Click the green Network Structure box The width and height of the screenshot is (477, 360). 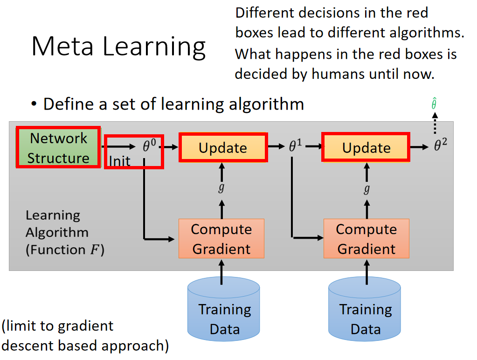click(58, 147)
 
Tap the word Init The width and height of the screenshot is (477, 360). click(120, 161)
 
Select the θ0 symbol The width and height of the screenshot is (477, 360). click(149, 146)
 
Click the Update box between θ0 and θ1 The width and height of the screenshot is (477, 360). click(223, 147)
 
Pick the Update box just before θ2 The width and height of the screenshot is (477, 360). click(366, 147)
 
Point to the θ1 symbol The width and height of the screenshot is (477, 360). click(296, 146)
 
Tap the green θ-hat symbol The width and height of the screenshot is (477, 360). click(434, 104)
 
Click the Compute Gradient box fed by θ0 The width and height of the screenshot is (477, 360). click(221, 239)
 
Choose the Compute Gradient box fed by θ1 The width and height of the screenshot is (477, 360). click(366, 239)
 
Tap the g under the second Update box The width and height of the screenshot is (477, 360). click(366, 189)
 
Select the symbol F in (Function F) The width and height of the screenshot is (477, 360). click(94, 249)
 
